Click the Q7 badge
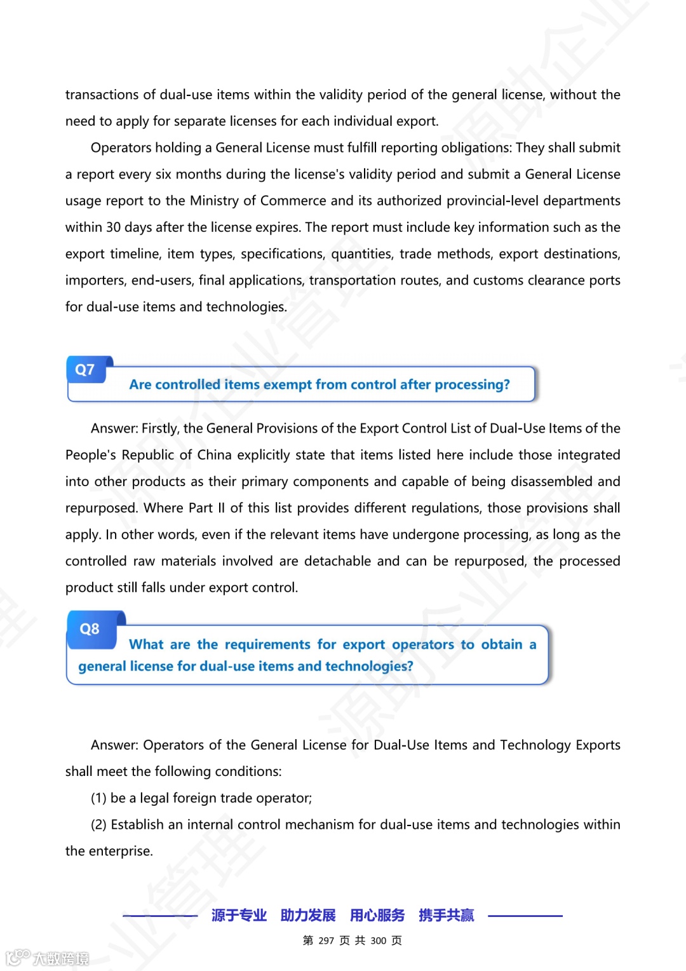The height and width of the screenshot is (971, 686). [x=85, y=370]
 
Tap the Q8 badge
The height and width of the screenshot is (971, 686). [x=90, y=629]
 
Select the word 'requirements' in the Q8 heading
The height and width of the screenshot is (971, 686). [x=267, y=644]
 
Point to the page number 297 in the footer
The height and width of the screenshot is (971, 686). [x=326, y=940]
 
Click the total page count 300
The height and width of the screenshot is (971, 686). [x=378, y=940]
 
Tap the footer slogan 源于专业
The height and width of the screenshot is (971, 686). [x=239, y=915]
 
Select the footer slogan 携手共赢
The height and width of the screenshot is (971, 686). [x=446, y=915]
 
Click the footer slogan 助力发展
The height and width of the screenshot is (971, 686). [x=308, y=915]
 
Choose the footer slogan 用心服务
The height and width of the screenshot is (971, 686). [x=377, y=915]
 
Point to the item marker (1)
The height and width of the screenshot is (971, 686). [x=98, y=798]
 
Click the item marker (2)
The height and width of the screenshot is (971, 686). [x=98, y=825]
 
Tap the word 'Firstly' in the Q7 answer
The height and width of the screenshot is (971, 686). [x=159, y=428]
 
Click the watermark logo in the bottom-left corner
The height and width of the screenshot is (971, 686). [x=47, y=957]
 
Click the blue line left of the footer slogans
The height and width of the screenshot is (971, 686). [x=160, y=916]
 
